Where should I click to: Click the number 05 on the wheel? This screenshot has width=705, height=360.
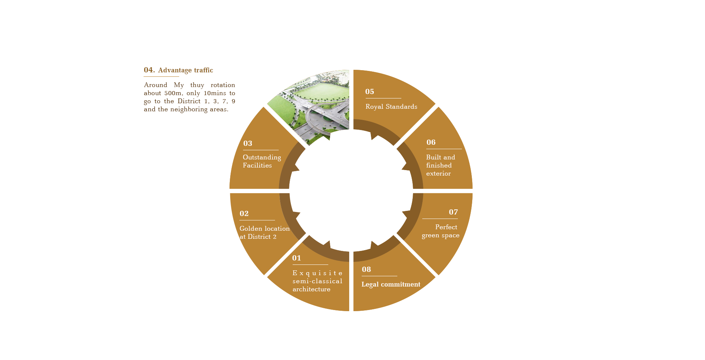coord(369,92)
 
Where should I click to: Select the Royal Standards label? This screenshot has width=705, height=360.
coord(391,107)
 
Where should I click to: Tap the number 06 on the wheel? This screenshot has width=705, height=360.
coord(431,143)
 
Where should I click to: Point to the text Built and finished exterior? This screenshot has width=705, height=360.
coord(440,165)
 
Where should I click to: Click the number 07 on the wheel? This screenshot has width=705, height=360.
coord(453,212)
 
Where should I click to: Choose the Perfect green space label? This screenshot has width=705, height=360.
coord(441,231)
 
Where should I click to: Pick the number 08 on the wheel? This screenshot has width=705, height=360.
coord(366,270)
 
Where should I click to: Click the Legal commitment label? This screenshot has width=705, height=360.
coord(391,284)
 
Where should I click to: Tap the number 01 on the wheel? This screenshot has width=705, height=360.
coord(296,258)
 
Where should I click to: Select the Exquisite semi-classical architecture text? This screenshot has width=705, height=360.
coord(317,281)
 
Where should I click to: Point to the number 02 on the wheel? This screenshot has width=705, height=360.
coord(244,214)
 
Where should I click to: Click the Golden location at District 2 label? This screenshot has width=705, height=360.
coord(264,233)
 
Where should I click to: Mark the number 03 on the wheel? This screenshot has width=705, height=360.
coord(247,144)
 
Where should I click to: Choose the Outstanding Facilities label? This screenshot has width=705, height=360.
coord(262,161)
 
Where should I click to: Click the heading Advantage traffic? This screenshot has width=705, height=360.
coord(185,70)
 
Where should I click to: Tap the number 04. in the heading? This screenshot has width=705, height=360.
coord(149,70)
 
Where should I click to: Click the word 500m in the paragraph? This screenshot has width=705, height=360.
coord(173,93)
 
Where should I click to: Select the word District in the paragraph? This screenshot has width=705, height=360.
coord(189,101)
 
